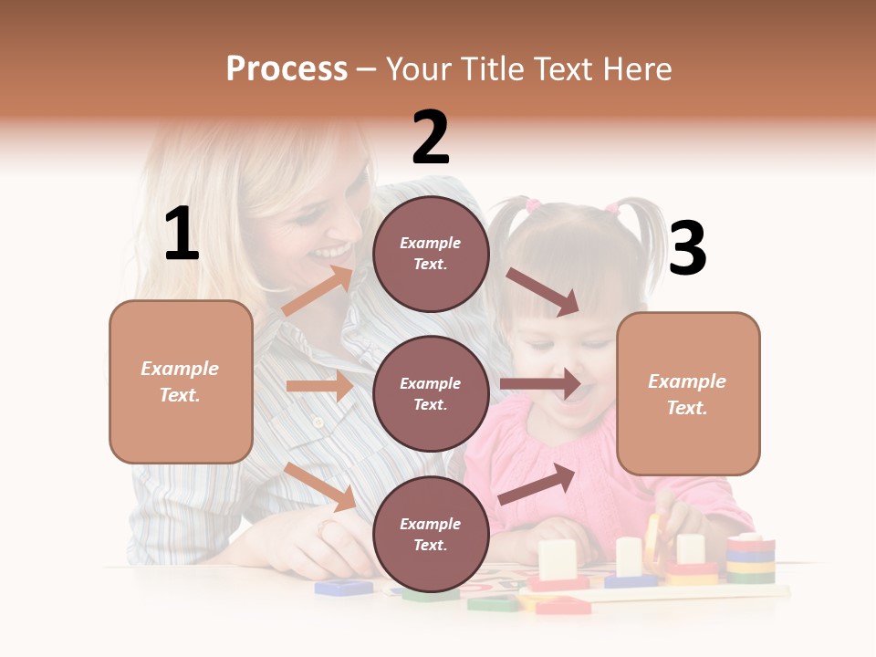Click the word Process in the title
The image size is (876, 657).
(x=287, y=69)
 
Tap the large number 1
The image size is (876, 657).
(x=182, y=235)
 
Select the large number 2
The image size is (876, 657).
(x=431, y=139)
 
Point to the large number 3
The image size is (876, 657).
(x=687, y=248)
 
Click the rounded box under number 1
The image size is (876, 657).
(x=181, y=381)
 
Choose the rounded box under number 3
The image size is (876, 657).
(x=688, y=393)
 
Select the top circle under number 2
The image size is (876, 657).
(x=431, y=254)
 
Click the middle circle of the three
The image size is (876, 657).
(x=431, y=393)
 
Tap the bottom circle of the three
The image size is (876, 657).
(x=431, y=534)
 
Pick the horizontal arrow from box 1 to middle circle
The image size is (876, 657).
(x=319, y=386)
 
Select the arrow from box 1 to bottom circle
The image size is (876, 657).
(x=320, y=486)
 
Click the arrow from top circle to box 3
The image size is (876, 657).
(x=542, y=291)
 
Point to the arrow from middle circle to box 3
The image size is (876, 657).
(x=540, y=384)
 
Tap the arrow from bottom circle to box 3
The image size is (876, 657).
(x=537, y=485)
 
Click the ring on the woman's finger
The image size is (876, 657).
(x=327, y=527)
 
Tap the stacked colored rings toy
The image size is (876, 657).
(x=750, y=558)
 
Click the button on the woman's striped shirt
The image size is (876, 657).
(x=318, y=422)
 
